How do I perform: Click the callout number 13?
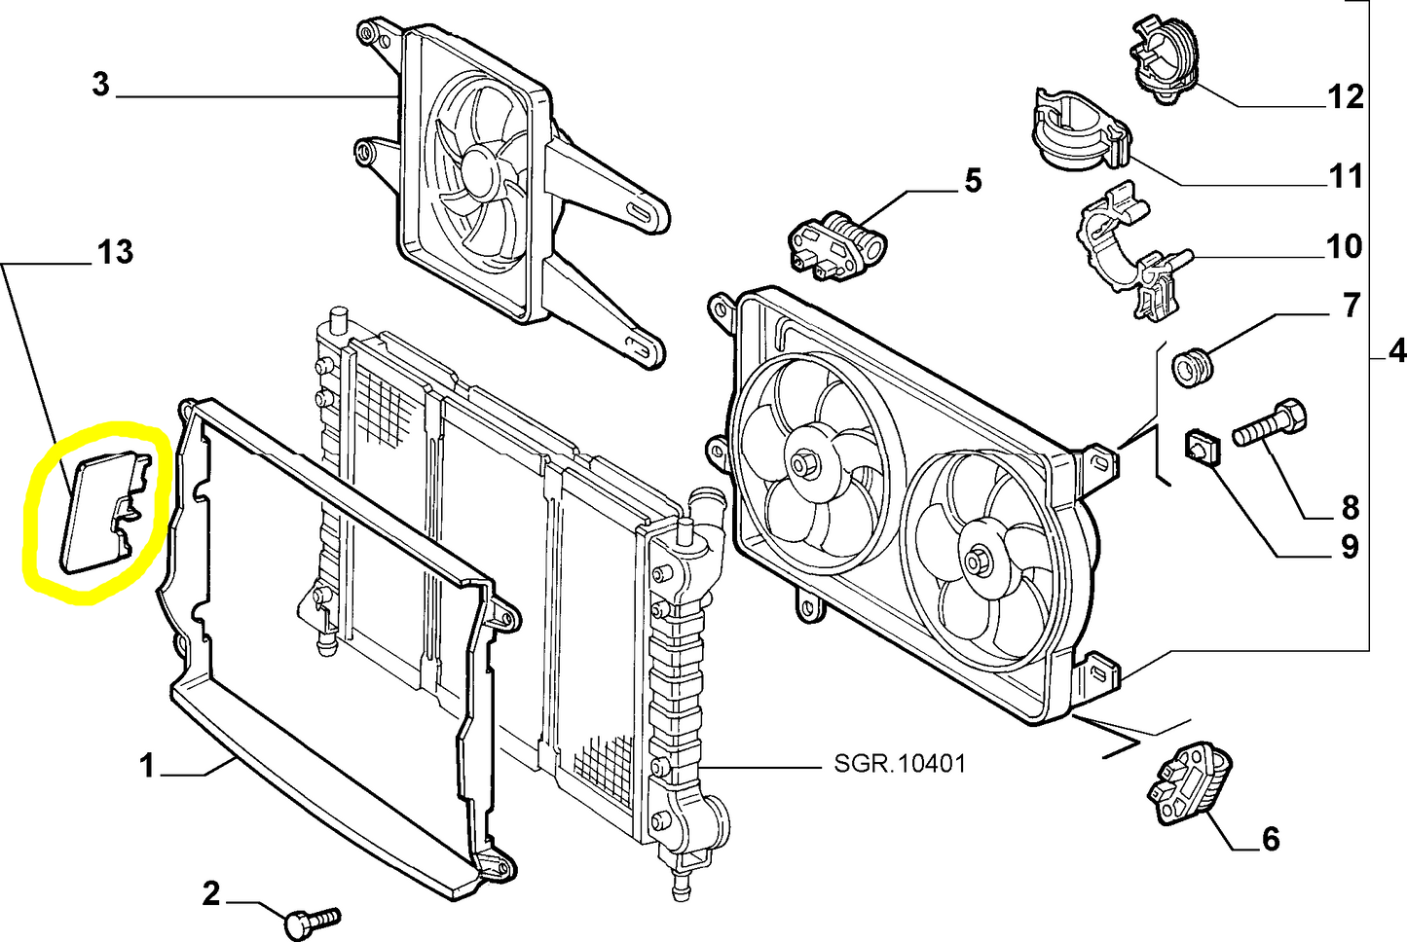(x=115, y=252)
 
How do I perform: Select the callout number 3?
(x=100, y=84)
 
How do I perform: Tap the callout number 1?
(x=146, y=766)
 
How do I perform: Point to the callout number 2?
(x=211, y=893)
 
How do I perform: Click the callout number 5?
(x=973, y=181)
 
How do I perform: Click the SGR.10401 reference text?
(x=900, y=764)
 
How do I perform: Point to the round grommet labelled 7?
(x=1193, y=368)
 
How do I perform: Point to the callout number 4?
(x=1396, y=351)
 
